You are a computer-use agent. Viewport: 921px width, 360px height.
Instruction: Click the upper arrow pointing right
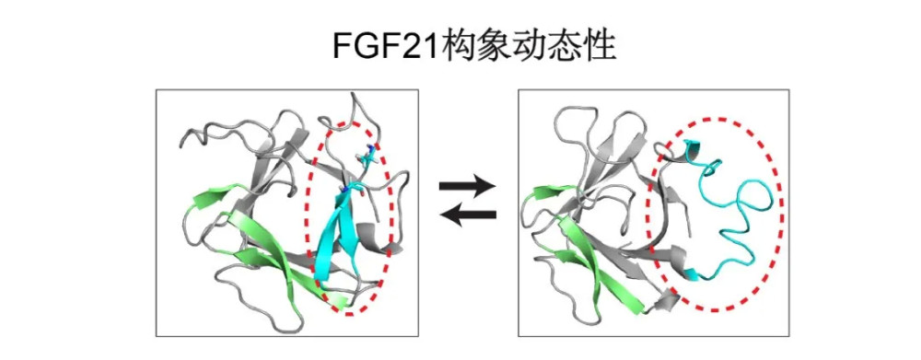(x=467, y=187)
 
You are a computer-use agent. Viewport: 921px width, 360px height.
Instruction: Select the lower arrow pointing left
(x=467, y=215)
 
